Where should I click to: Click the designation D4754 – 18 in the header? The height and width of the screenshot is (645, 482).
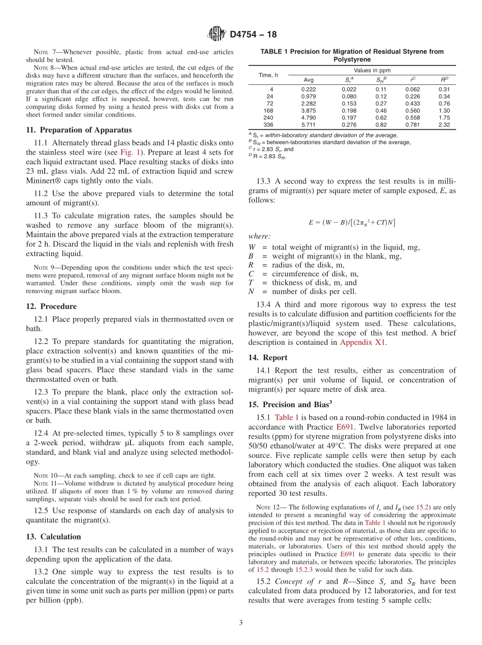253,34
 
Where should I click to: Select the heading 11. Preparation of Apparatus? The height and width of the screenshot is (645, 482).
79,130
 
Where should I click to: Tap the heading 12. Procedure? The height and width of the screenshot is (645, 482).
51,306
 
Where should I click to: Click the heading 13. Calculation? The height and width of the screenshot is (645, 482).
53,536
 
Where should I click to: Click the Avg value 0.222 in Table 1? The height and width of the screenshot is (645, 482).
308,89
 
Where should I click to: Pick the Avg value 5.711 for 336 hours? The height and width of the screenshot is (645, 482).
308,124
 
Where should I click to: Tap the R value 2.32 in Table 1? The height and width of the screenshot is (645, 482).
444,124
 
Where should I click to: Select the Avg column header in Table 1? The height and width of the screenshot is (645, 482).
308,80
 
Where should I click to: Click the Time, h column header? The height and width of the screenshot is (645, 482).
268,75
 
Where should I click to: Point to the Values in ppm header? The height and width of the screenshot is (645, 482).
372,70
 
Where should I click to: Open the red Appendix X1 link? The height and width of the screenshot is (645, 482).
363,342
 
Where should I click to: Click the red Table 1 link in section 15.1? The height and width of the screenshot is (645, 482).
287,417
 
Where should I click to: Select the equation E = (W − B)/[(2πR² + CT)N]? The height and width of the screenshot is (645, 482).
352,222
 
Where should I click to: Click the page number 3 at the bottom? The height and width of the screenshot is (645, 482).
241,623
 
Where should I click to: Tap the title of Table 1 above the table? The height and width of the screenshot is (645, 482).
352,55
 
